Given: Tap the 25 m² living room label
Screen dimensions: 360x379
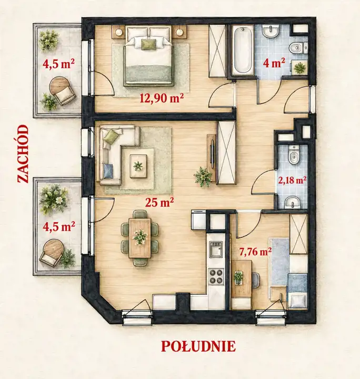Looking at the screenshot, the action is pyautogui.click(x=159, y=202).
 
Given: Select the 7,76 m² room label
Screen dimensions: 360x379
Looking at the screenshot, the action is pyautogui.click(x=255, y=252).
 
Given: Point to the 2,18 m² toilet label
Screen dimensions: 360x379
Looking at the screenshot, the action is pyautogui.click(x=293, y=180).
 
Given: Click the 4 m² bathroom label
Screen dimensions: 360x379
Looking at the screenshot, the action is pyautogui.click(x=274, y=63).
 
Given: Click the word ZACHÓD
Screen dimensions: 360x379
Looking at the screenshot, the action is pyautogui.click(x=23, y=154).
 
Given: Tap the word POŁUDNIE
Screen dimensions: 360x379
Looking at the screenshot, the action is pyautogui.click(x=198, y=346).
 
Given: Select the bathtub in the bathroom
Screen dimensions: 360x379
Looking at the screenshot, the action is pyautogui.click(x=242, y=50).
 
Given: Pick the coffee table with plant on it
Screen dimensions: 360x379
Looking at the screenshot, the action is pyautogui.click(x=138, y=166).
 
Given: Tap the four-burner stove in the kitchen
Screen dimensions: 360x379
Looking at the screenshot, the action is pyautogui.click(x=216, y=276).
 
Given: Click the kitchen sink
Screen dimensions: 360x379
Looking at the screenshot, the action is pyautogui.click(x=215, y=249).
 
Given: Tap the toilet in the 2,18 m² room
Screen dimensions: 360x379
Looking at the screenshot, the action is pyautogui.click(x=294, y=154).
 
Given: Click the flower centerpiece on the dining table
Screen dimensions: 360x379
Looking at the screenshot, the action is pyautogui.click(x=140, y=237).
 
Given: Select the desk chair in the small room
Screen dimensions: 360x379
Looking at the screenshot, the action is pyautogui.click(x=256, y=280).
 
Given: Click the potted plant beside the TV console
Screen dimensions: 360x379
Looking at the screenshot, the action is pyautogui.click(x=203, y=176).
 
